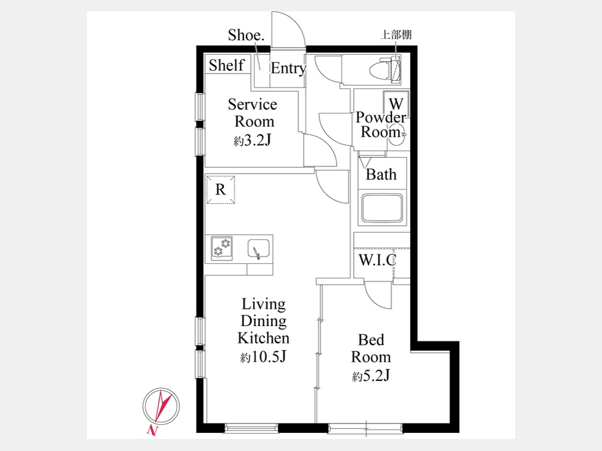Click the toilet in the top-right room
point(385,69)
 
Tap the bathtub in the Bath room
point(382,208)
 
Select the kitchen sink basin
point(258,248)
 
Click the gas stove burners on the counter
point(222,248)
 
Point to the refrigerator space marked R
point(220,190)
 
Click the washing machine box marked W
point(396,104)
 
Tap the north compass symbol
point(161,406)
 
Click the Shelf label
point(227,65)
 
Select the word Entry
point(288,68)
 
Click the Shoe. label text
point(246,35)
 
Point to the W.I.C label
point(377,260)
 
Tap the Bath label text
point(381,174)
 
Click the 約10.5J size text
point(263,357)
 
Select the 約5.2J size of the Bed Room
point(371,375)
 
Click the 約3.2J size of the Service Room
point(252,140)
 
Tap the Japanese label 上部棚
point(396,35)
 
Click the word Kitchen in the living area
point(264,338)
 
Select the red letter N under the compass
point(152,431)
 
